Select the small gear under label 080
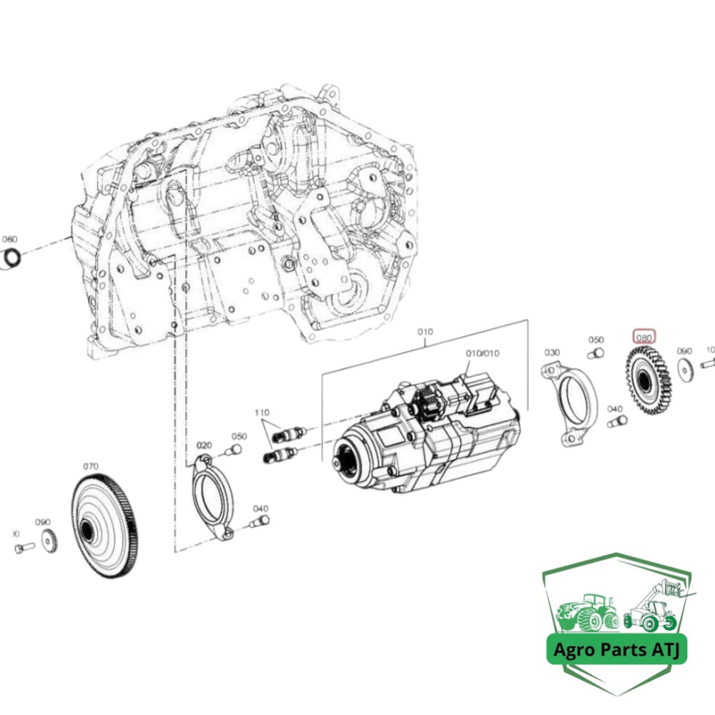[647, 382]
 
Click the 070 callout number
[90, 466]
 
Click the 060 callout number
[9, 239]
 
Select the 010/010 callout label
[483, 353]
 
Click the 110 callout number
[262, 413]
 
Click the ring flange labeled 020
[212, 494]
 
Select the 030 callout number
[552, 352]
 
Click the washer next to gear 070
[49, 541]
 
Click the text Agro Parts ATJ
[617, 651]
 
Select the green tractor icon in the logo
[588, 614]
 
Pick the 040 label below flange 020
[260, 508]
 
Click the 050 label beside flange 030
[596, 340]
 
